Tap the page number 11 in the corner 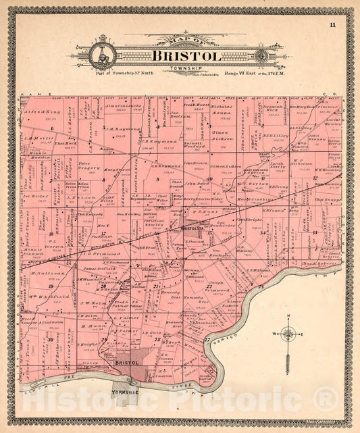(333, 25)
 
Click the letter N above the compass (288, 317)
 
